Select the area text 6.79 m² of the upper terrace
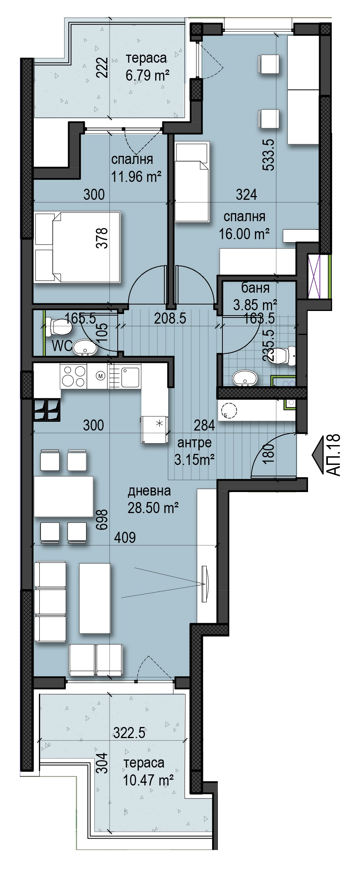point(148,75)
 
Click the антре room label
point(195,443)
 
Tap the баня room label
point(255,288)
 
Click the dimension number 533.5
point(269,155)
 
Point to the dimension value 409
point(125,537)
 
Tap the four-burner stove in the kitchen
point(73,376)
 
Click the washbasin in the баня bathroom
point(245,378)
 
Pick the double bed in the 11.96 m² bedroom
point(78,247)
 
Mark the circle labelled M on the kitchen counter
point(101,376)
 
